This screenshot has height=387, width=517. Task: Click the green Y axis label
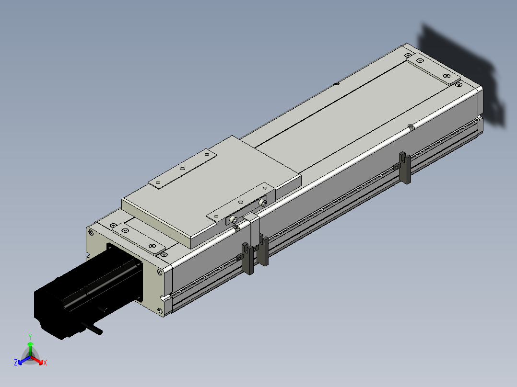click(x=30, y=337)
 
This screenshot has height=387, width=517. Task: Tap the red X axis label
click(x=45, y=363)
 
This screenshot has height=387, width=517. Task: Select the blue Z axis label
click(x=16, y=363)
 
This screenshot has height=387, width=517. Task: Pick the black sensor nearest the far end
click(x=405, y=167)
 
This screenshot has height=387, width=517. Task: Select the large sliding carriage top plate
click(x=211, y=191)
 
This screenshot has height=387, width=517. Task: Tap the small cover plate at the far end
click(x=433, y=68)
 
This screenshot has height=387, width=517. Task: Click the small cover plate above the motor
click(x=139, y=239)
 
